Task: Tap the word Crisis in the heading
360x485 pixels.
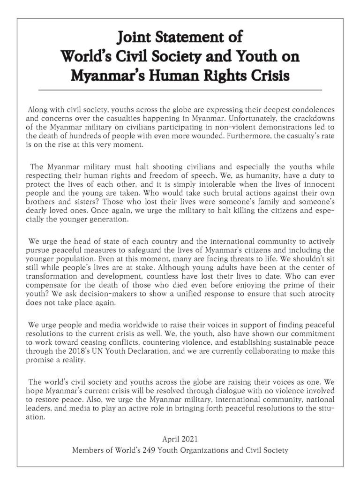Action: pos(266,75)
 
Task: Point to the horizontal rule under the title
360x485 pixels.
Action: pos(180,89)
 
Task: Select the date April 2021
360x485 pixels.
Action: pos(180,440)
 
